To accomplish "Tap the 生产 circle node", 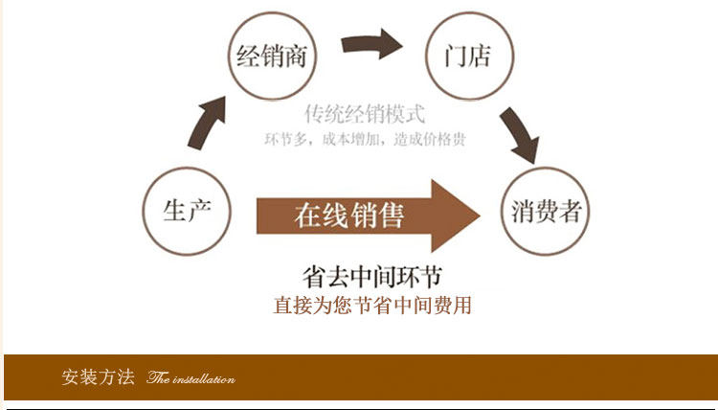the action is point(187,211).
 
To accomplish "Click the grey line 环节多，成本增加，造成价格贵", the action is point(365,139).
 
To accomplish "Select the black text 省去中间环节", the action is point(371,277).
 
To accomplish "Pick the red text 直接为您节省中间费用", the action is point(372,307).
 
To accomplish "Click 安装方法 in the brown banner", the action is point(99,376).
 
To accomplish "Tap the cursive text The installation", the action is point(191,378).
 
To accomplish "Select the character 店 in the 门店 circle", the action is point(480,56).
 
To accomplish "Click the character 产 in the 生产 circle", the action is point(198,211).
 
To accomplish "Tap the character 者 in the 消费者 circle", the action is point(571,212).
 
